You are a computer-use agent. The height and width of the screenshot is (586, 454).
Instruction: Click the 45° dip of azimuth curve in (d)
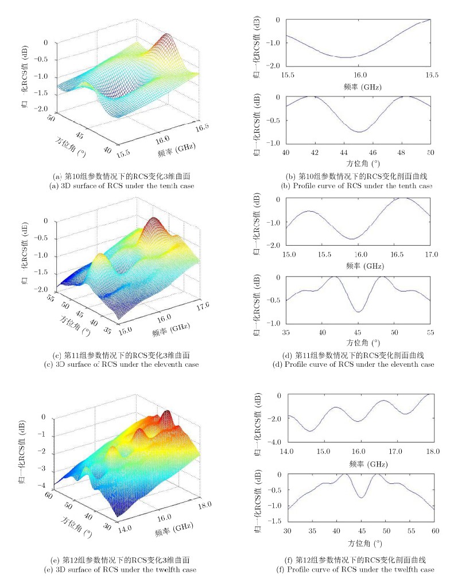[x=359, y=312]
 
